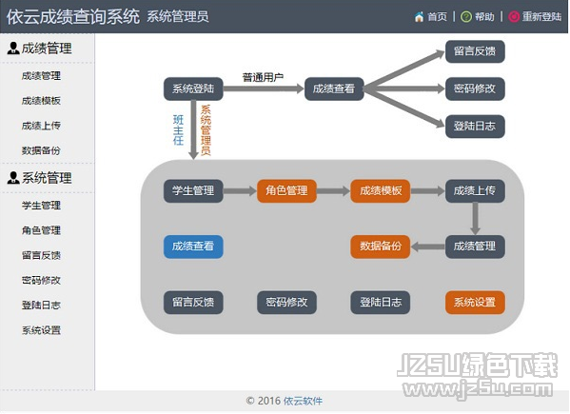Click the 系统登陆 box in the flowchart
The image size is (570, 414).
point(193,89)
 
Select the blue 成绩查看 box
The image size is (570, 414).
point(193,246)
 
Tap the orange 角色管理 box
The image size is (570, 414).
point(286,191)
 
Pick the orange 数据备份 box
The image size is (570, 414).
point(381,246)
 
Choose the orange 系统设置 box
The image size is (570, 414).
point(475,302)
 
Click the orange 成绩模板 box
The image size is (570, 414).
point(381,191)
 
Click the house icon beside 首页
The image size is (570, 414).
point(419,17)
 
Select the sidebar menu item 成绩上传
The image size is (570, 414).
point(41,126)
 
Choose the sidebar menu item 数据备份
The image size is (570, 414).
point(41,150)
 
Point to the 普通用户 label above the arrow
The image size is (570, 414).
point(263,77)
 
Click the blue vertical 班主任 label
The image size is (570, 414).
point(178,130)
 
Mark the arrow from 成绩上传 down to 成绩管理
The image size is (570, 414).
point(475,219)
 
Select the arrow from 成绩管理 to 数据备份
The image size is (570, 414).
point(428,246)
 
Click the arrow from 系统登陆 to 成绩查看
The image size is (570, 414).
point(264,89)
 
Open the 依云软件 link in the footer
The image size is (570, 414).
point(303,401)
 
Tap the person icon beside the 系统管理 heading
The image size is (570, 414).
point(13,177)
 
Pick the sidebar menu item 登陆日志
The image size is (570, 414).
point(41,305)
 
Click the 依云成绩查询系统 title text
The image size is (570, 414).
point(72,17)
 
